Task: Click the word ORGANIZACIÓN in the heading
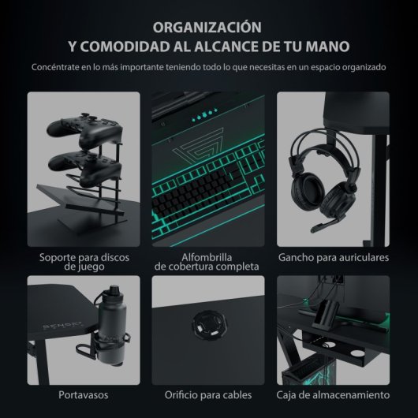209,25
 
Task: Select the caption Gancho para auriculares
332,258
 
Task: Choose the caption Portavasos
84,394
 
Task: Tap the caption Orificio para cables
208,394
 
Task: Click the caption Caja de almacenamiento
332,394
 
